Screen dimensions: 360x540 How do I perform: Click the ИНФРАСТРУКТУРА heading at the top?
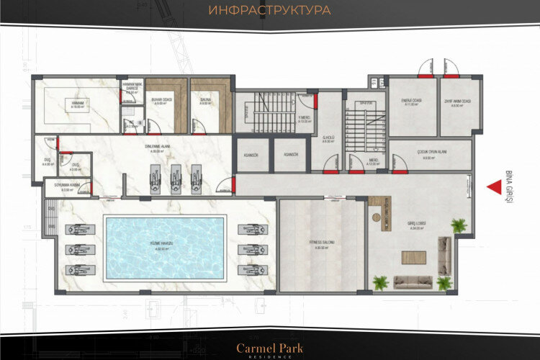(x=269, y=11)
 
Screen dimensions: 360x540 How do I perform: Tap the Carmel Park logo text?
(x=270, y=348)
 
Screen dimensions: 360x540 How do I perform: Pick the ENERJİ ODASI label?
(x=412, y=102)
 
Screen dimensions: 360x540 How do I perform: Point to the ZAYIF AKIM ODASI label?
(x=456, y=102)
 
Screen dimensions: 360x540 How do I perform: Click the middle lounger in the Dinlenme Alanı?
(x=176, y=175)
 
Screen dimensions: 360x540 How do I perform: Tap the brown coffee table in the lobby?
(x=413, y=257)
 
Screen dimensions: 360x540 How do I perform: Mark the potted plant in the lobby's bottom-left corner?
(x=380, y=282)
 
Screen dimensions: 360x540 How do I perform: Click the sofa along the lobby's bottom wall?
(x=412, y=281)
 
